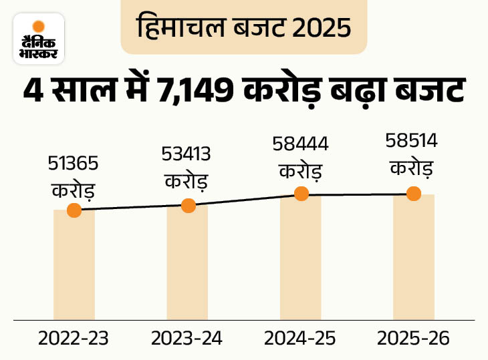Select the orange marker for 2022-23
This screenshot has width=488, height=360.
click(74, 210)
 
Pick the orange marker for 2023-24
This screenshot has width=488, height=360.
click(188, 205)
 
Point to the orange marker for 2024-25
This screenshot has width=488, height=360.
click(301, 194)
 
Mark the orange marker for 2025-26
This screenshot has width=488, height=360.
click(413, 194)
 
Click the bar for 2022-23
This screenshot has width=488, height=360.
click(74, 267)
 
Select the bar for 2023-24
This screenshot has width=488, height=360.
click(187, 264)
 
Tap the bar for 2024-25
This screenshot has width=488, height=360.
click(301, 257)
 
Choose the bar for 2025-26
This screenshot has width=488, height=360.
click(413, 257)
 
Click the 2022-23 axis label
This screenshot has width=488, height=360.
click(74, 339)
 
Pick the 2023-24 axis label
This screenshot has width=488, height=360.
click(187, 339)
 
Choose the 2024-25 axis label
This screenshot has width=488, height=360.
click(299, 339)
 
